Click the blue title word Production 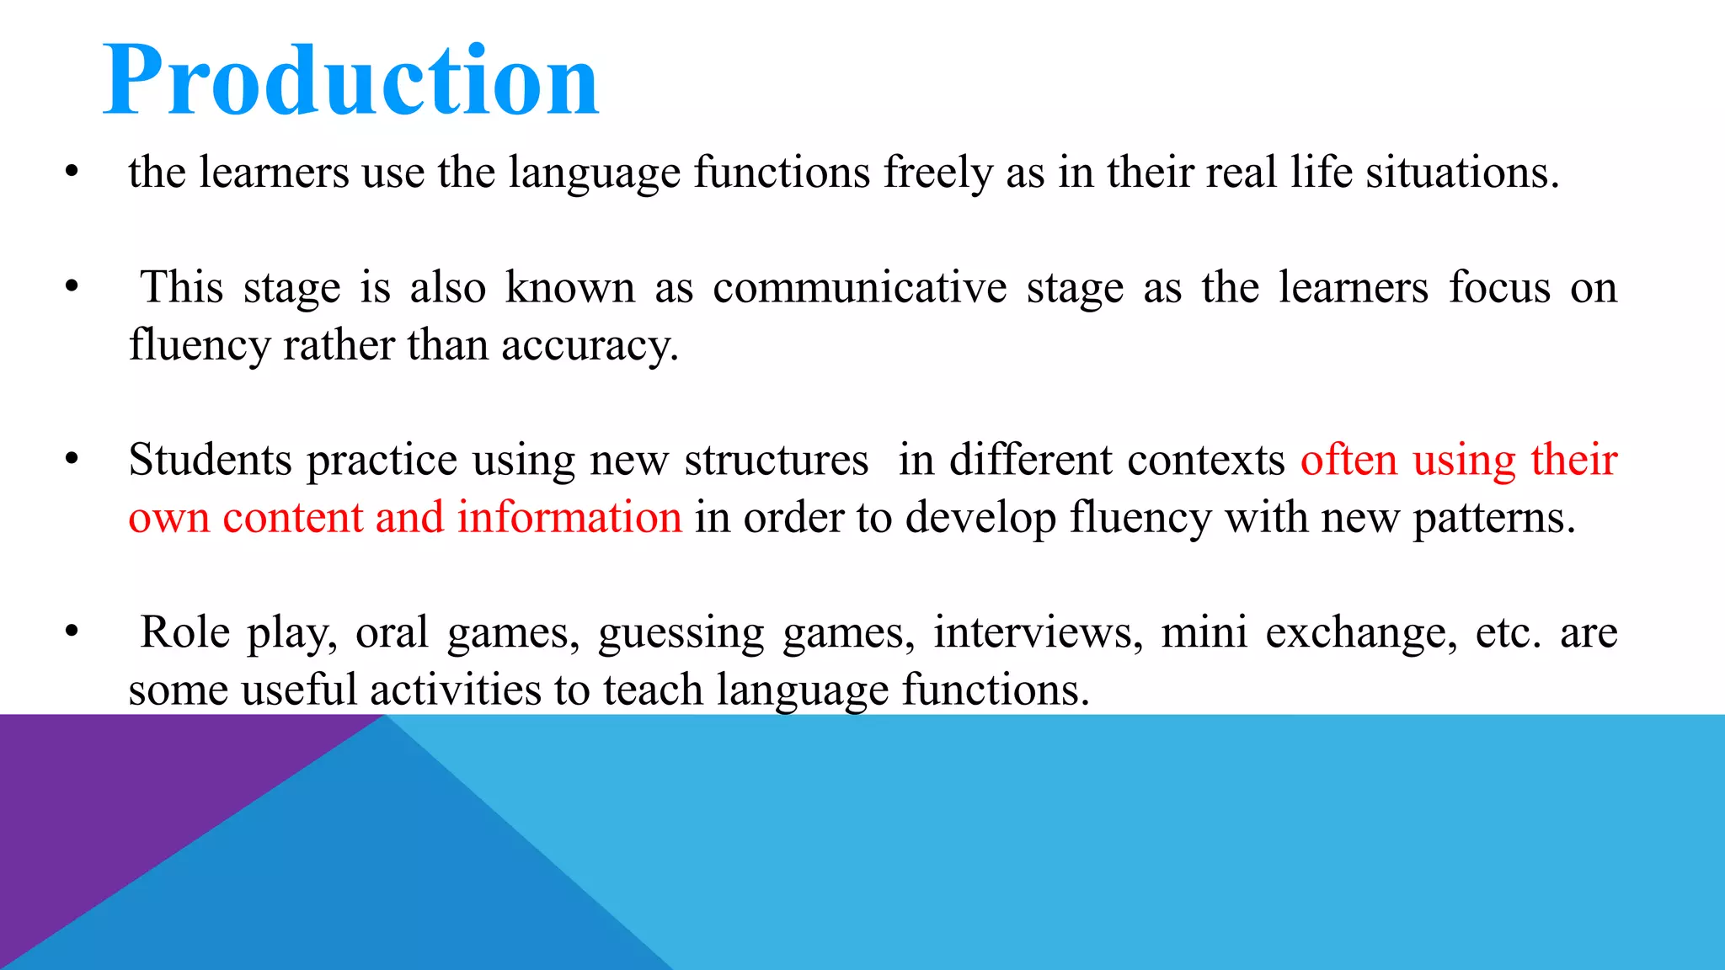pyautogui.click(x=350, y=81)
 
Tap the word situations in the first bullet pyautogui.click(x=1462, y=173)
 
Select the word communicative pyautogui.click(x=859, y=288)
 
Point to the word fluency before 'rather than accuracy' pyautogui.click(x=199, y=346)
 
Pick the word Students pyautogui.click(x=210, y=461)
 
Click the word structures pyautogui.click(x=776, y=461)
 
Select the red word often pyautogui.click(x=1349, y=461)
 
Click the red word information pyautogui.click(x=569, y=518)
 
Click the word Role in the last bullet pyautogui.click(x=184, y=632)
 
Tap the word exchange pyautogui.click(x=1361, y=632)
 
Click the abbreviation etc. pyautogui.click(x=1508, y=632)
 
